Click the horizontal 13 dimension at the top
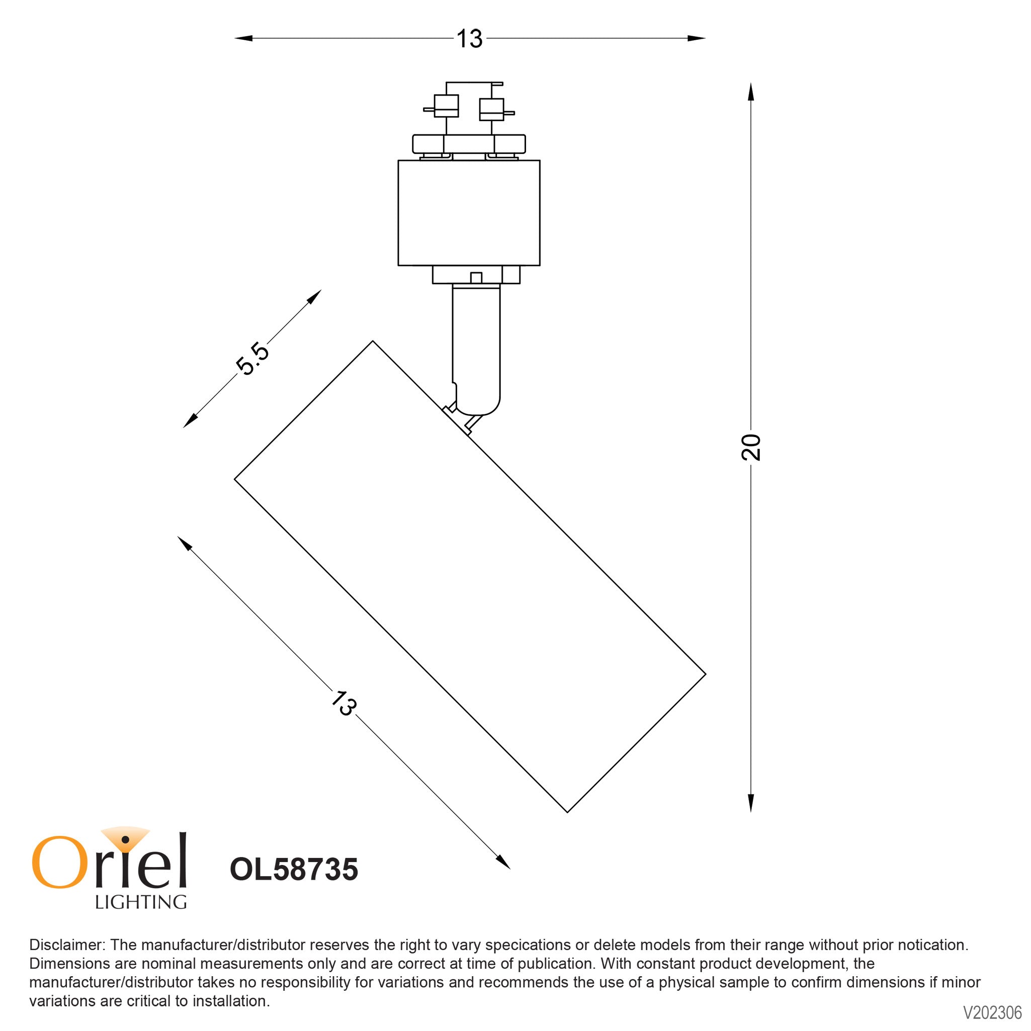pyautogui.click(x=469, y=39)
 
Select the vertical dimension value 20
pyautogui.click(x=751, y=447)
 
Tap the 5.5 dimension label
pyautogui.click(x=252, y=359)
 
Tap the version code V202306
pyautogui.click(x=991, y=1012)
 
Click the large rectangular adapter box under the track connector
pyautogui.click(x=469, y=212)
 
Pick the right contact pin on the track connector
pyautogui.click(x=509, y=113)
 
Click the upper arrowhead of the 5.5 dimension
pyautogui.click(x=314, y=297)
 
